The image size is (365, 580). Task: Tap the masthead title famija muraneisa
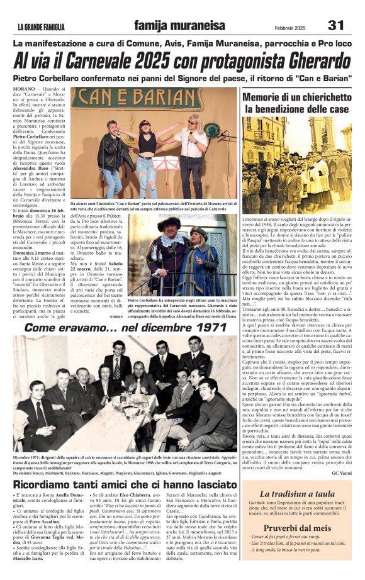179,26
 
